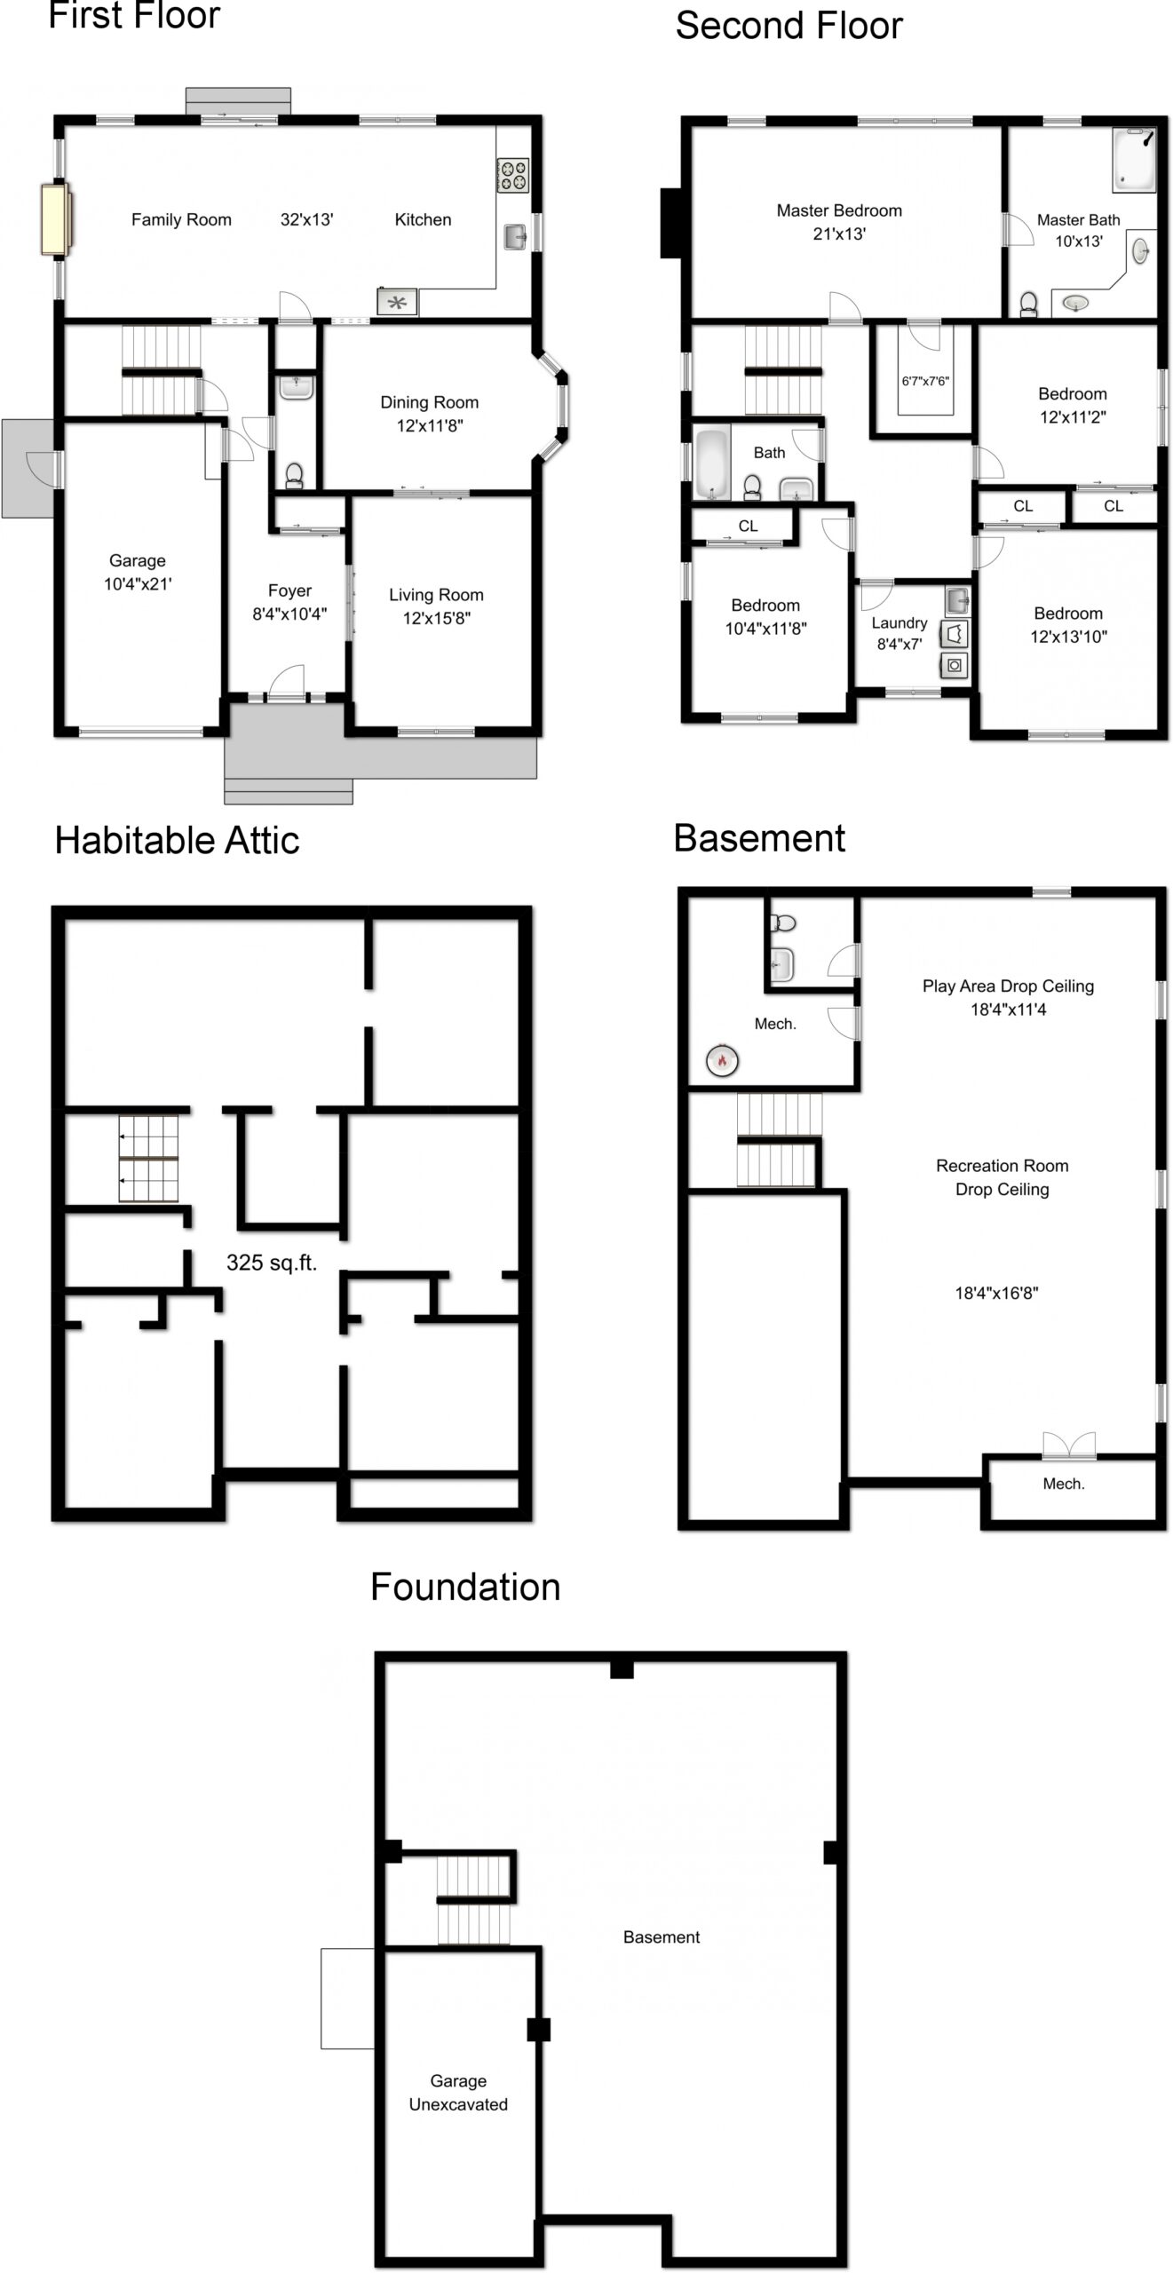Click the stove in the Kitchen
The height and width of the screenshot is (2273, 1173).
pyautogui.click(x=512, y=175)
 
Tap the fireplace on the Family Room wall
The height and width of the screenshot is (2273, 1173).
pyautogui.click(x=55, y=218)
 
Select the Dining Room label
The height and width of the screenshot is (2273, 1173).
pyautogui.click(x=429, y=402)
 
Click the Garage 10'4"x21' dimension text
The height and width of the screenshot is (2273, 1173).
pyautogui.click(x=138, y=584)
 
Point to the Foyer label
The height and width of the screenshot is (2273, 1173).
pyautogui.click(x=289, y=590)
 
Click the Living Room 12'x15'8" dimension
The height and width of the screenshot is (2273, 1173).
pyautogui.click(x=436, y=618)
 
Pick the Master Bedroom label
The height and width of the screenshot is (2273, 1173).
pyautogui.click(x=839, y=210)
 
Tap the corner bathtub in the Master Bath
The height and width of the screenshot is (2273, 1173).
pyautogui.click(x=1135, y=161)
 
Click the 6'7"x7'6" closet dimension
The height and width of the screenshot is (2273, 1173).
pyautogui.click(x=925, y=381)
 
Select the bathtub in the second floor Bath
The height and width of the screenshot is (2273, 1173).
pyautogui.click(x=711, y=463)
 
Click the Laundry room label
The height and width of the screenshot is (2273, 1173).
pyautogui.click(x=900, y=623)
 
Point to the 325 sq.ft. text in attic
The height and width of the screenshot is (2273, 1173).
pyautogui.click(x=272, y=1263)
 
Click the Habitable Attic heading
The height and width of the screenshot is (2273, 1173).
pyautogui.click(x=177, y=840)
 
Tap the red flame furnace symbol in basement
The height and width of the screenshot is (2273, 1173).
pyautogui.click(x=722, y=1059)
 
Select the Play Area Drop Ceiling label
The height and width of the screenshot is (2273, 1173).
pyautogui.click(x=1008, y=986)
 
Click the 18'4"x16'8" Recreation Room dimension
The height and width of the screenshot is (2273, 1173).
pyautogui.click(x=996, y=1293)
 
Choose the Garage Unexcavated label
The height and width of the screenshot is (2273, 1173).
pyautogui.click(x=458, y=2092)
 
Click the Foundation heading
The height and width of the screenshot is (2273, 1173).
pyautogui.click(x=465, y=1587)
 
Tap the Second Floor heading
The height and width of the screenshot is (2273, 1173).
pyautogui.click(x=789, y=26)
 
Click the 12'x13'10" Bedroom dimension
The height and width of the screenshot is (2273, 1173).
pyautogui.click(x=1068, y=637)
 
